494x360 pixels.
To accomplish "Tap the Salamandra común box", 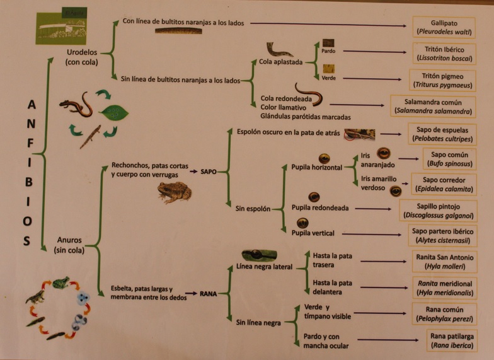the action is click(432, 107).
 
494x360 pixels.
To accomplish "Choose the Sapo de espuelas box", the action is click(442, 134).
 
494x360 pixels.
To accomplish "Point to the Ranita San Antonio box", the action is click(443, 262).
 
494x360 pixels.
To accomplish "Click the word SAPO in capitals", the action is click(209, 171).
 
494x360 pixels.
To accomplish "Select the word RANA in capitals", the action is click(209, 293).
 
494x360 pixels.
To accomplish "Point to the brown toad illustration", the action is click(174, 192).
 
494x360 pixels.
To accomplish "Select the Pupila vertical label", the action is click(313, 233).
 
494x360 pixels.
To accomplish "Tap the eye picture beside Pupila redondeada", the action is click(313, 197).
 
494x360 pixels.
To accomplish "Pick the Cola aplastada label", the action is click(280, 62).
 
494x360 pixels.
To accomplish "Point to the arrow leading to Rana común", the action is click(380, 313).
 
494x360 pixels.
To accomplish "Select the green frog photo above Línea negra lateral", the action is click(258, 255).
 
